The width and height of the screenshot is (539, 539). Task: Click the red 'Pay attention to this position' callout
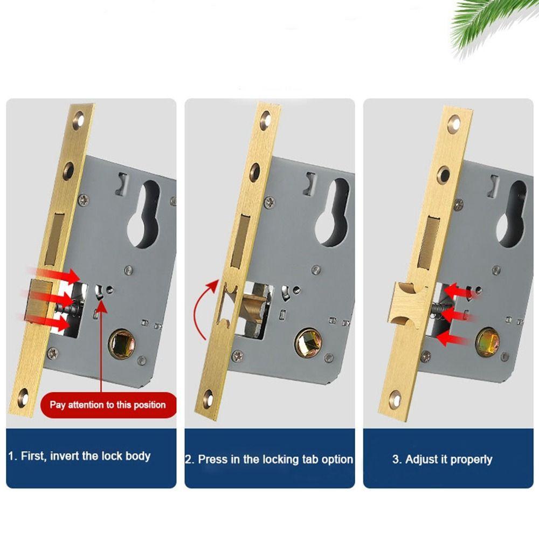[108, 405]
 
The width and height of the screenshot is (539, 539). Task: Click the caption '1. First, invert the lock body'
[79, 456]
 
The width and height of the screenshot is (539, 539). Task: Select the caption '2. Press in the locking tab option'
[269, 459]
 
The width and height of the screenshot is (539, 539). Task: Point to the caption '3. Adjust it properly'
[442, 459]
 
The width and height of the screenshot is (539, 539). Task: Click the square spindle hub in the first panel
[122, 343]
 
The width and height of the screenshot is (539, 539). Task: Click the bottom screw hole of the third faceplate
[395, 399]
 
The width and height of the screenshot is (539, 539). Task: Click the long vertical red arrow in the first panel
[101, 347]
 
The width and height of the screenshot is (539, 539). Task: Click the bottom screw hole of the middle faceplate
[208, 398]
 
